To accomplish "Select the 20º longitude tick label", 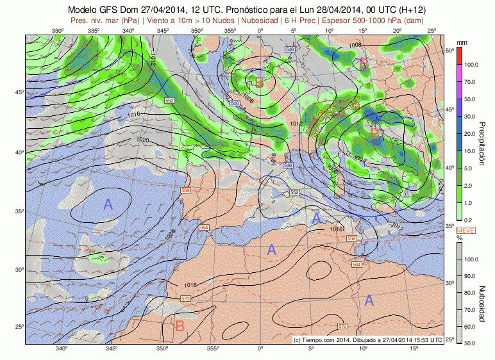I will point(397,31).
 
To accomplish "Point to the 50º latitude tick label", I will point(449,50).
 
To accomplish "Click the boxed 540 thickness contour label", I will point(234,103).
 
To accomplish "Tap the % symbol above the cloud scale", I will point(459,238).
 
